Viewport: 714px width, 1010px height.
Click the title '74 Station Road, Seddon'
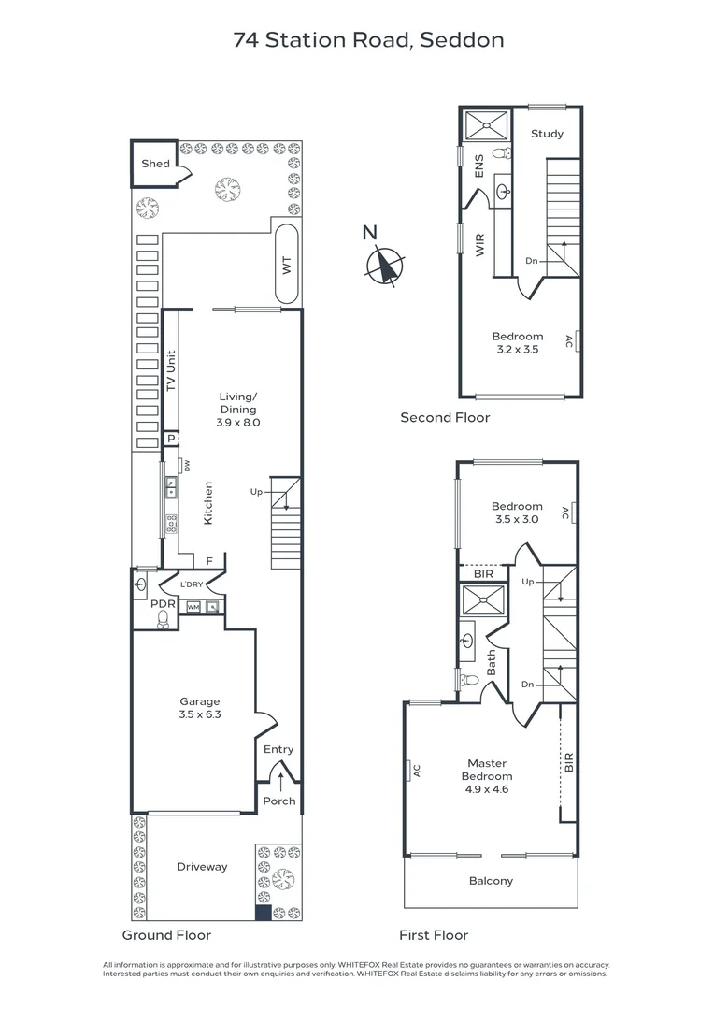pyautogui.click(x=368, y=39)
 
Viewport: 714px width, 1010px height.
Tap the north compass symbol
pyautogui.click(x=383, y=264)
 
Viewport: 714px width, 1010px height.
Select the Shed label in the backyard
pyautogui.click(x=155, y=164)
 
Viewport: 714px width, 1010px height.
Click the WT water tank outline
pyautogui.click(x=286, y=264)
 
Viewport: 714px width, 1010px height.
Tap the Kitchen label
pyautogui.click(x=208, y=502)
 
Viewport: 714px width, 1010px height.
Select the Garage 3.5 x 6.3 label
pyautogui.click(x=200, y=708)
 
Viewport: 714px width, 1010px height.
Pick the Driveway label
pyautogui.click(x=202, y=867)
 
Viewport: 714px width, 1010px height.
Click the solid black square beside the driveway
pyautogui.click(x=263, y=913)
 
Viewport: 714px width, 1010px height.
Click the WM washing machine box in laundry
pyautogui.click(x=193, y=607)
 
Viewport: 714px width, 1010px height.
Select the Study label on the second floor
pyautogui.click(x=547, y=134)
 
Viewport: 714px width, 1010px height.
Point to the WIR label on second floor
pyautogui.click(x=480, y=247)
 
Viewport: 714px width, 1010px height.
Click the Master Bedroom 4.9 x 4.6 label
pyautogui.click(x=486, y=776)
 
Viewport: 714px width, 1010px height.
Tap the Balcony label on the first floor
pyautogui.click(x=491, y=881)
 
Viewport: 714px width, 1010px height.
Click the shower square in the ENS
pyautogui.click(x=487, y=123)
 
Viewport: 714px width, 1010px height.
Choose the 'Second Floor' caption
pyautogui.click(x=445, y=418)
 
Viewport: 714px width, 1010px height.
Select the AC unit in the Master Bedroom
pyautogui.click(x=412, y=771)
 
